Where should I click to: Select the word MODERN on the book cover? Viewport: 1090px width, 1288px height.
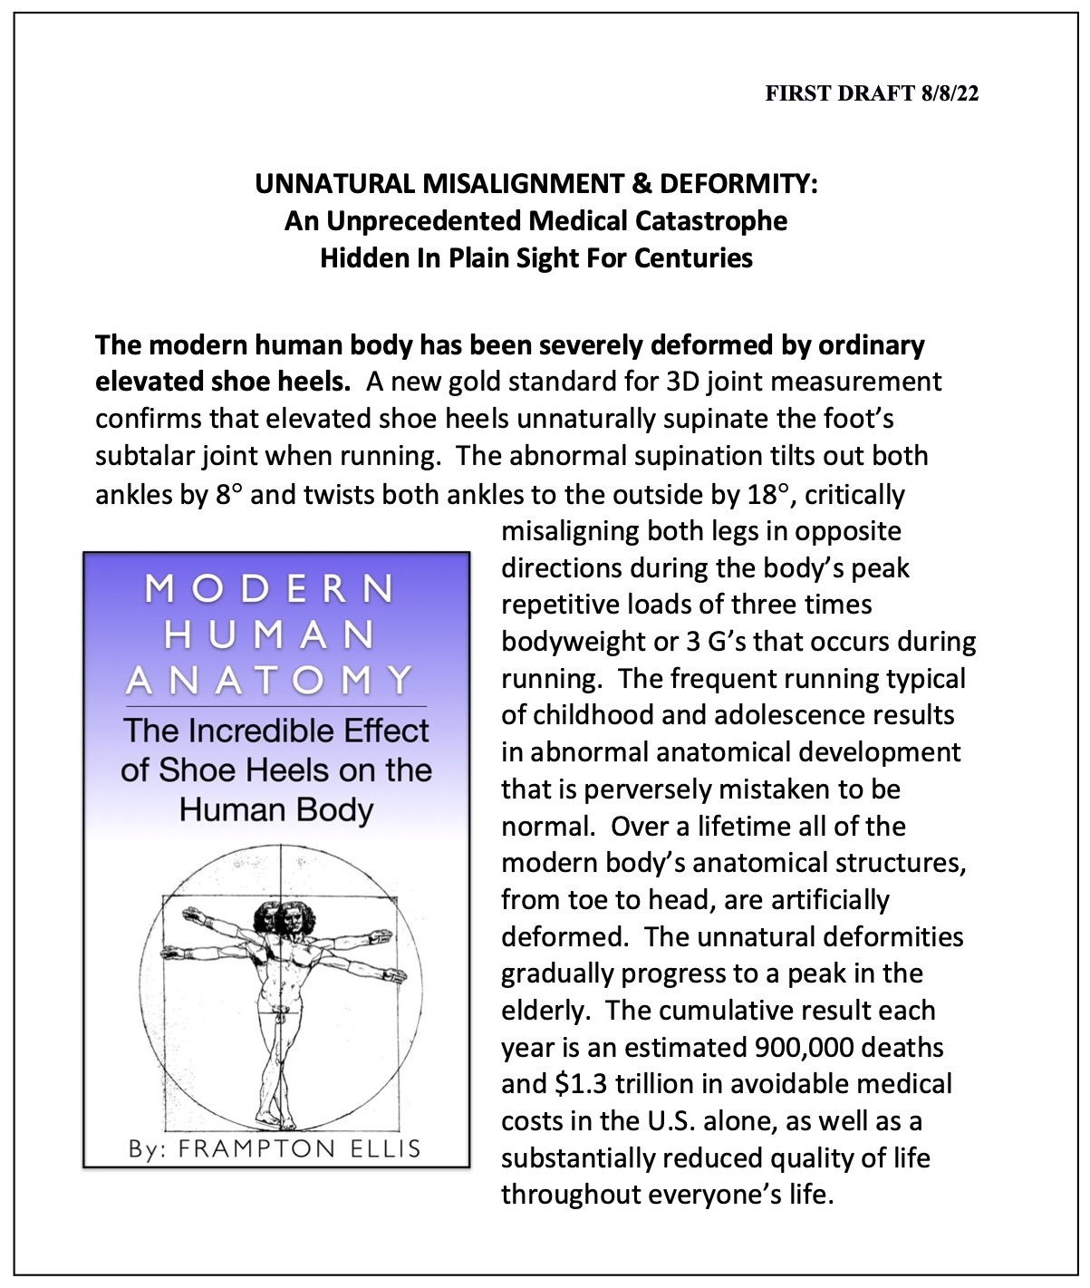(269, 589)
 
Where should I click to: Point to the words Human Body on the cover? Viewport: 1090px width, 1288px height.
(276, 809)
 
